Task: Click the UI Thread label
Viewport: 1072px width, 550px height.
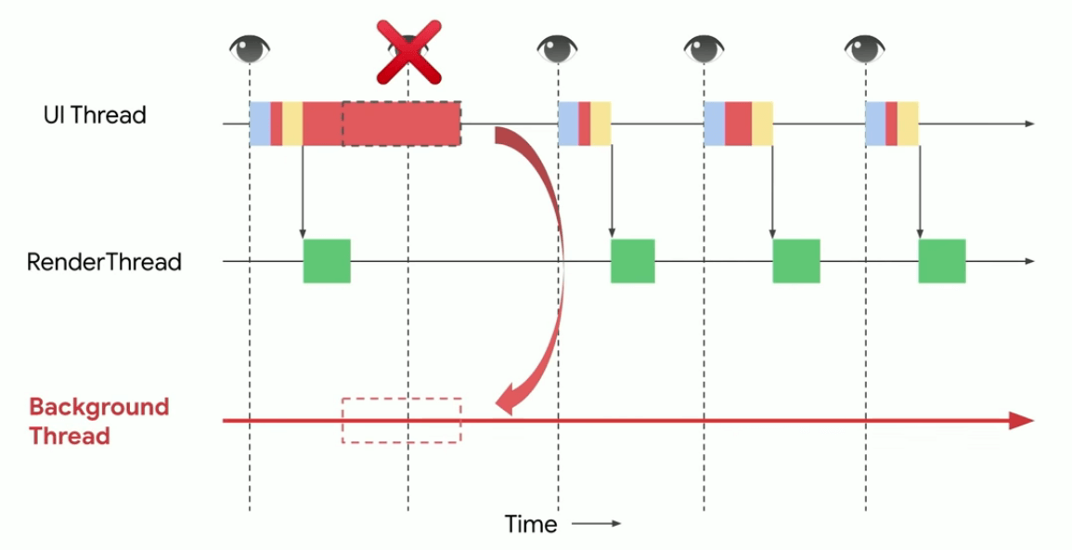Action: coord(95,115)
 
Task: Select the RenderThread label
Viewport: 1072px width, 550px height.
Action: coord(104,262)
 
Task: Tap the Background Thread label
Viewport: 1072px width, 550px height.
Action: coord(98,421)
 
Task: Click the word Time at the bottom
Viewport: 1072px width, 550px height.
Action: coord(531,524)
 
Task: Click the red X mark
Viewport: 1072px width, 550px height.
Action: coord(408,53)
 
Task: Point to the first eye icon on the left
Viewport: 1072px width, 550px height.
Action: coord(250,48)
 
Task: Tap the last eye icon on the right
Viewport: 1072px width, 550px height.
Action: coord(865,48)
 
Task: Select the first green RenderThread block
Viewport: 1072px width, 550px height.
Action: coord(327,261)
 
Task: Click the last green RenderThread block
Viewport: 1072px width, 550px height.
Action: coord(942,261)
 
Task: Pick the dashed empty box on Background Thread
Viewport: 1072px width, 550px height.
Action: coord(401,420)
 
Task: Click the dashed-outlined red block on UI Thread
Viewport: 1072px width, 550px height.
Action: coord(401,124)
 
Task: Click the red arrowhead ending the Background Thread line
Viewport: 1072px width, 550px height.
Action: coord(1021,421)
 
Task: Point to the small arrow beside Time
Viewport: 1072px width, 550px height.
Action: coord(596,524)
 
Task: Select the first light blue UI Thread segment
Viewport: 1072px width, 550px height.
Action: coord(260,124)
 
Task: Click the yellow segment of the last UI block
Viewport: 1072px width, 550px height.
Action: coord(908,124)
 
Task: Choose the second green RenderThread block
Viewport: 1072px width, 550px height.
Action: coord(633,261)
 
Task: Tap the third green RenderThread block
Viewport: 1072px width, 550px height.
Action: coord(796,261)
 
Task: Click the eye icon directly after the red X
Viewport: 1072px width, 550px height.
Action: coord(557,48)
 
